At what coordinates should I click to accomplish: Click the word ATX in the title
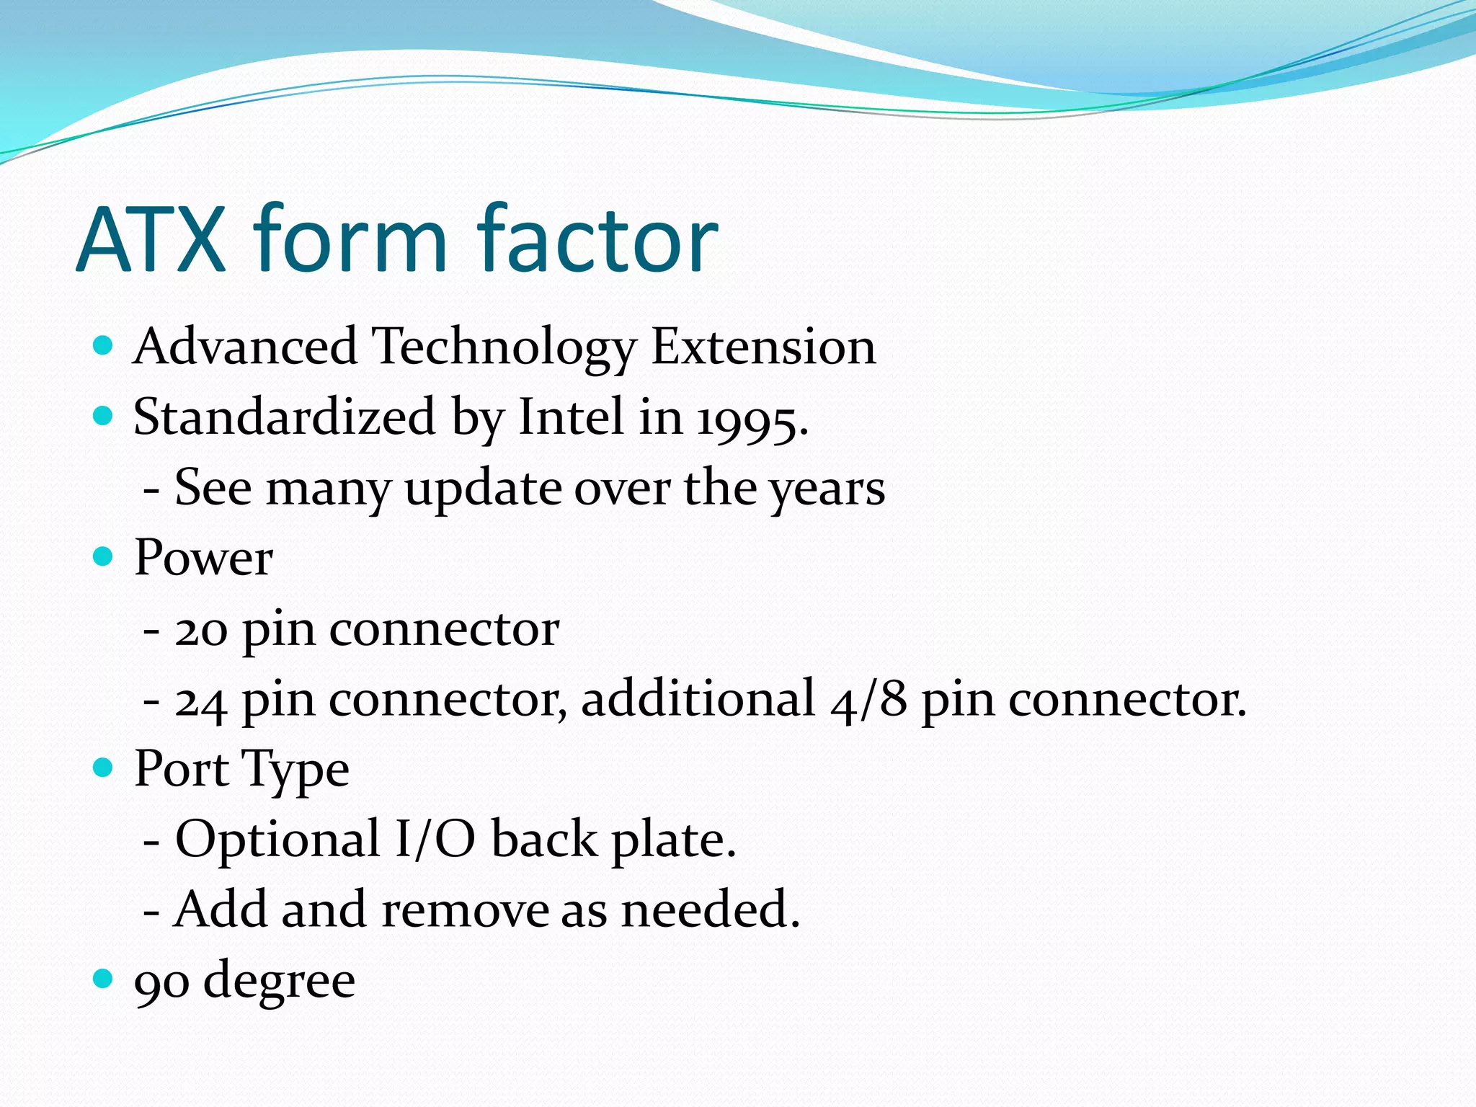[x=151, y=239]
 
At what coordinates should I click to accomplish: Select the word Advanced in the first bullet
[x=246, y=347]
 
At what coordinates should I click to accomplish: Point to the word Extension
[x=763, y=347]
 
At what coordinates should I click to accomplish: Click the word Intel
[x=571, y=417]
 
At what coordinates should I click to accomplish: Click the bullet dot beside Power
[x=104, y=556]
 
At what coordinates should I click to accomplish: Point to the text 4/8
[x=868, y=699]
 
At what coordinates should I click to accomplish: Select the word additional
[x=698, y=698]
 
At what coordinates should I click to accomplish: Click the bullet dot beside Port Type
[x=104, y=768]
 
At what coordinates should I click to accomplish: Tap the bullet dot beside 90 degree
[x=104, y=979]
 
